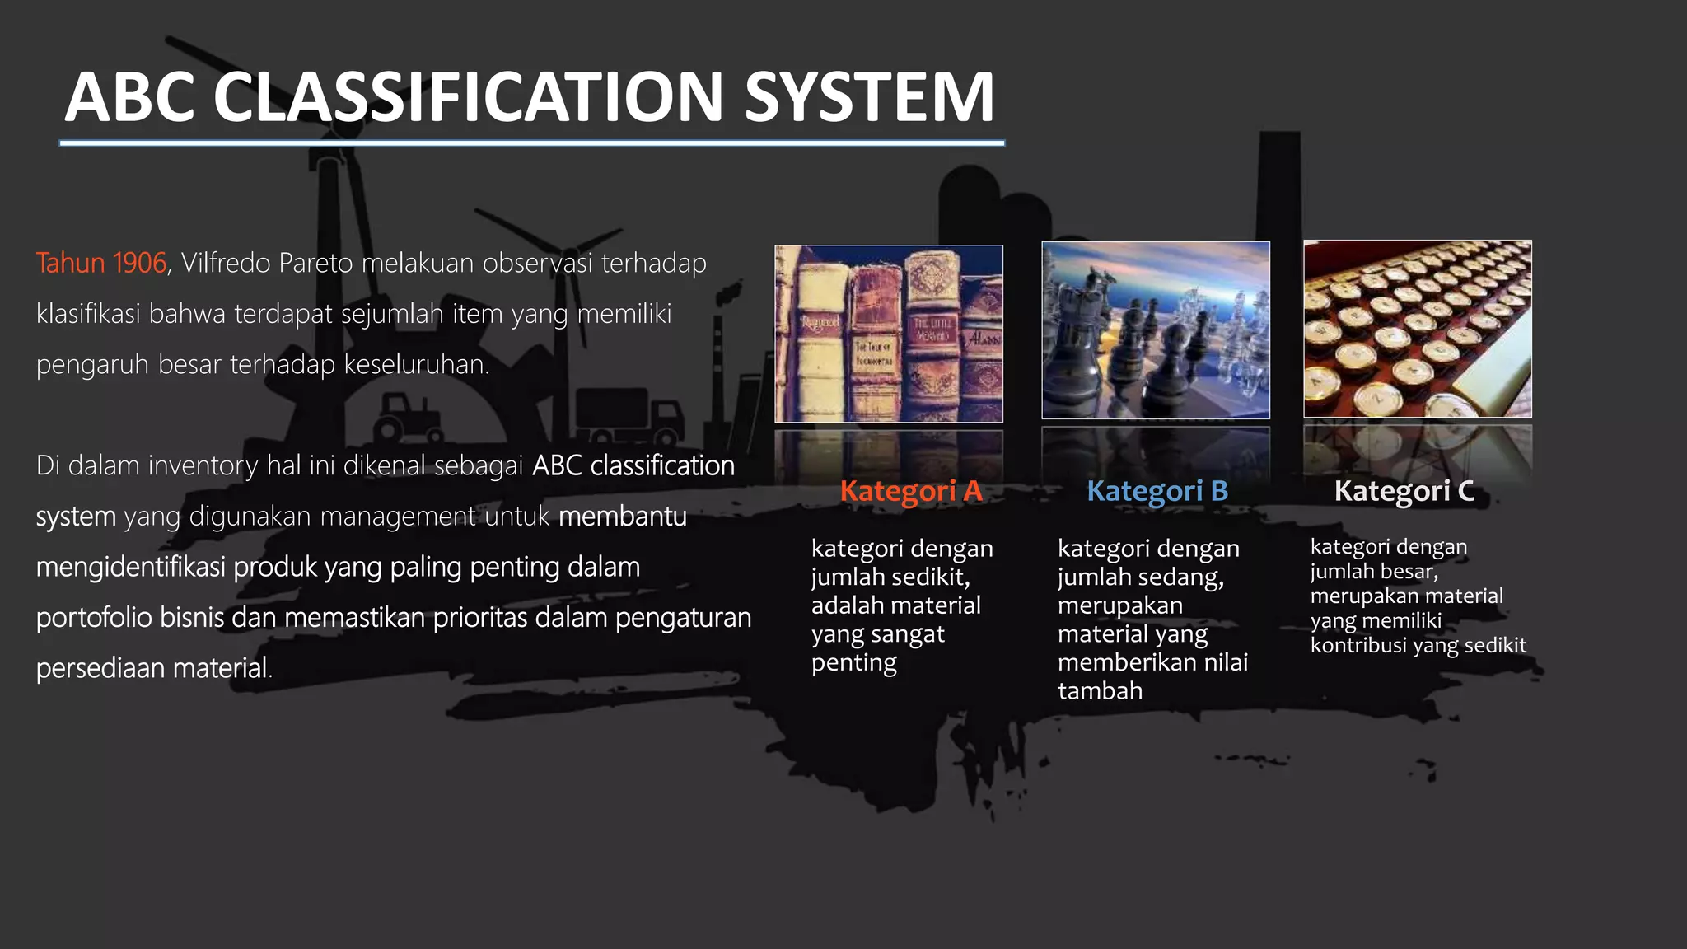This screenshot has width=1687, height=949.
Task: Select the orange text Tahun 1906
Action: point(101,264)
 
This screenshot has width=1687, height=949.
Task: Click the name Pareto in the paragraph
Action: point(315,264)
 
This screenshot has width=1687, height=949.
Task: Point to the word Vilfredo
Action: point(225,264)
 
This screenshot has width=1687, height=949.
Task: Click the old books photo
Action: point(889,334)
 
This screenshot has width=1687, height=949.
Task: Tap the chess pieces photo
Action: point(1155,330)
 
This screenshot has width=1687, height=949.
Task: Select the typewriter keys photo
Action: point(1417,329)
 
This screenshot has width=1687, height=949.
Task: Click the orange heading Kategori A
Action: point(910,491)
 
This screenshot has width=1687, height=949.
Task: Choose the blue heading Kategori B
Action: point(1157,491)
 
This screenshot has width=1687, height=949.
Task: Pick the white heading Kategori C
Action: point(1404,491)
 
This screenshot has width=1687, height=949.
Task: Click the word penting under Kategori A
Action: point(853,663)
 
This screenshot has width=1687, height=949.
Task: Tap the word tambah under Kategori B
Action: point(1100,690)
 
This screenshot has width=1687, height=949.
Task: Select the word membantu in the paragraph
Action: point(622,517)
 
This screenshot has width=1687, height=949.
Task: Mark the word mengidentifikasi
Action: point(130,568)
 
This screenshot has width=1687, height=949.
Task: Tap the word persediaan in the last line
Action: point(100,668)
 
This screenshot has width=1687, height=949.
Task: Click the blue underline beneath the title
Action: point(531,143)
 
